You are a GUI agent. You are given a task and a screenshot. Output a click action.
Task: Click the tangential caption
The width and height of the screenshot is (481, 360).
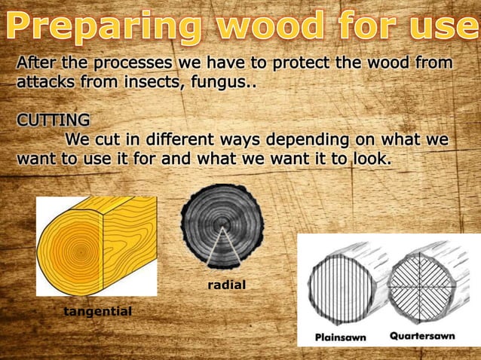pos(97,311)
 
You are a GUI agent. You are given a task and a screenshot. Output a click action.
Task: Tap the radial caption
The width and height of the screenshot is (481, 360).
pos(227,285)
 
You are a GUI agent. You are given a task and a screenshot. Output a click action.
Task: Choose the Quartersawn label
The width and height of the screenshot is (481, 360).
pos(422,336)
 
